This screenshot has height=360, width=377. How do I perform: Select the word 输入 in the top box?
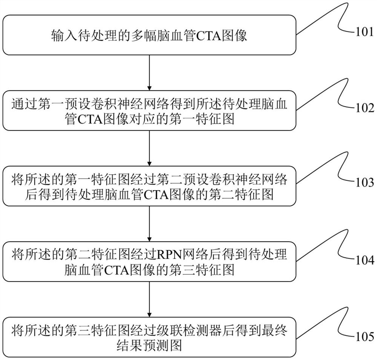click(x=62, y=37)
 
